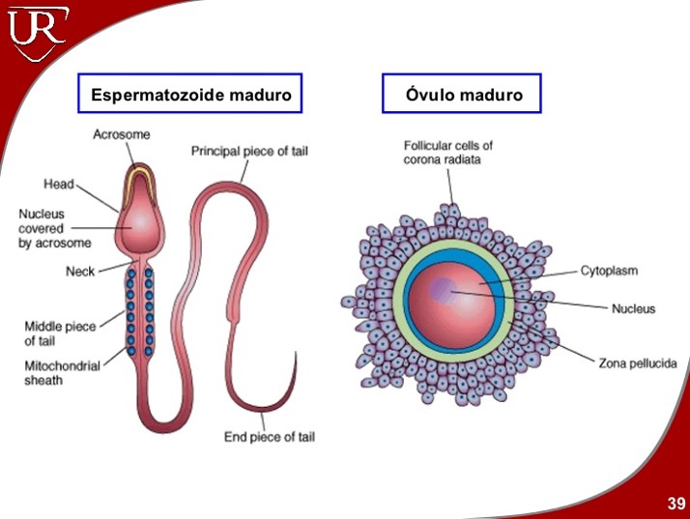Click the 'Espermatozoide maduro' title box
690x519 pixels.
(190, 95)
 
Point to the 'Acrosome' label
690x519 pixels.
(121, 134)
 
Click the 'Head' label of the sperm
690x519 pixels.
(59, 184)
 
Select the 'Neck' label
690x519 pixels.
(80, 272)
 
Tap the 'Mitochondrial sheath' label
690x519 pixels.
(57, 373)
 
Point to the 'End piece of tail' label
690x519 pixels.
(269, 437)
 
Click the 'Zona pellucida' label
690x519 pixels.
(635, 363)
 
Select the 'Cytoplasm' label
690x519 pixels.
(609, 271)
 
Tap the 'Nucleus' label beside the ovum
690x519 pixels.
(633, 309)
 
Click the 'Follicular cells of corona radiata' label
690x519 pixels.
(447, 153)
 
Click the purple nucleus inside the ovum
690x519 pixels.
(444, 288)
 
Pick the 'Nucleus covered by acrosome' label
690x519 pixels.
(54, 229)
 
